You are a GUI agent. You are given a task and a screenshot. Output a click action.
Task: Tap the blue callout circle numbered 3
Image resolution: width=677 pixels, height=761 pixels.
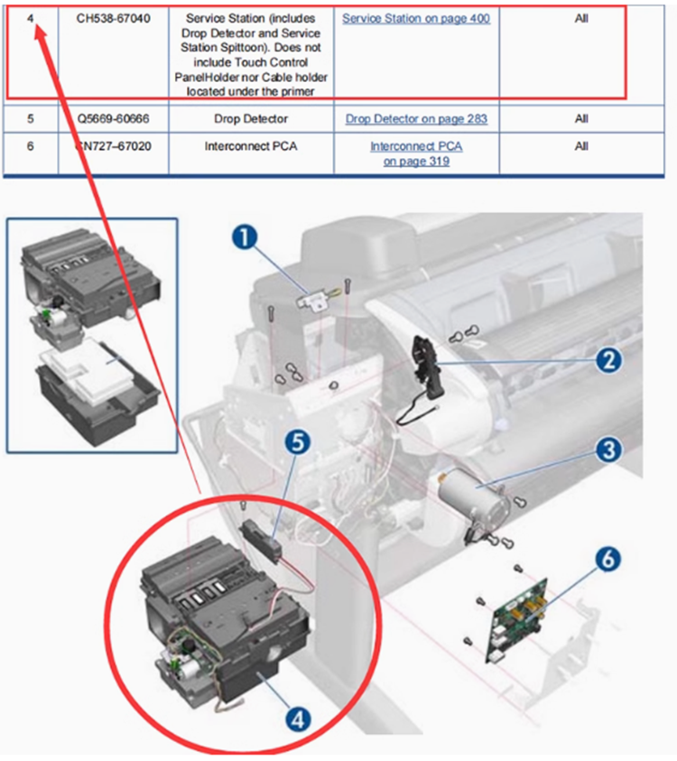(x=608, y=448)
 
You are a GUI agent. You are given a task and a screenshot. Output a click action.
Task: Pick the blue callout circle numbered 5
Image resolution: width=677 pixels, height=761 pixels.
(x=298, y=442)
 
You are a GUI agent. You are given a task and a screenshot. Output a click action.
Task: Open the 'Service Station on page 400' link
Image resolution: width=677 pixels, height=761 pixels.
(x=416, y=18)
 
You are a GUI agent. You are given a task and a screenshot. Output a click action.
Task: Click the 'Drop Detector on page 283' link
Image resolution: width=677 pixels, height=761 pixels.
(x=416, y=119)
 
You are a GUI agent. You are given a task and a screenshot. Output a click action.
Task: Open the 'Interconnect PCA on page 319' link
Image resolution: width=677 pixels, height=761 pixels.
(x=416, y=153)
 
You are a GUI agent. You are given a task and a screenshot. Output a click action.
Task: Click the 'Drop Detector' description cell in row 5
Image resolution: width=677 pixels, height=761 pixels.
(x=250, y=119)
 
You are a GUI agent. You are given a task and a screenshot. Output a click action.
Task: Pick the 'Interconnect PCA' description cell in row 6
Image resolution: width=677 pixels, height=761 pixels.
(x=250, y=146)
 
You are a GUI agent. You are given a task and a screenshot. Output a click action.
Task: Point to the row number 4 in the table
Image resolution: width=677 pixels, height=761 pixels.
(x=31, y=18)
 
